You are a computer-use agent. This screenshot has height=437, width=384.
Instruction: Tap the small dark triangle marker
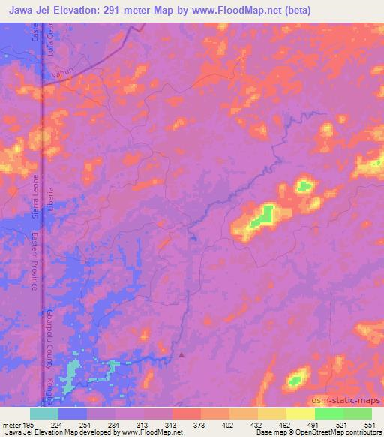(x=181, y=354)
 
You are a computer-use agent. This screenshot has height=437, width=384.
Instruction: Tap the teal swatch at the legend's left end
(x=44, y=414)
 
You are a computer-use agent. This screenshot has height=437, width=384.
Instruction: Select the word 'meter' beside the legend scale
(x=13, y=424)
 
